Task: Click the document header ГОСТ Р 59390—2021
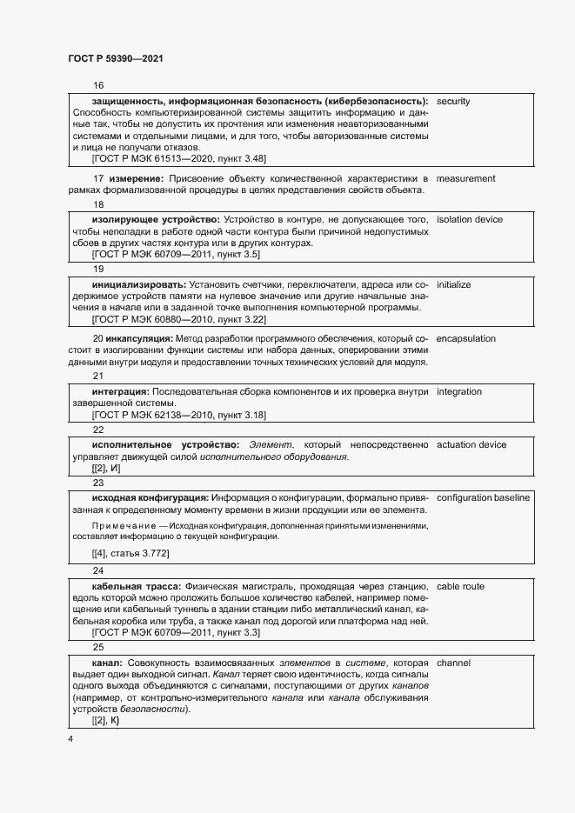tap(115, 58)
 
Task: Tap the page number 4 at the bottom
tap(70, 738)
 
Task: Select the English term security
tap(453, 102)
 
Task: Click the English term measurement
tap(465, 179)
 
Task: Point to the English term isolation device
tap(470, 220)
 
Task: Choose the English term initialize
tap(453, 284)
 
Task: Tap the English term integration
tap(458, 392)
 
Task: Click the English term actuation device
tap(471, 445)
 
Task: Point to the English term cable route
tap(460, 587)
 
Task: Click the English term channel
tap(453, 663)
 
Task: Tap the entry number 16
tap(97, 85)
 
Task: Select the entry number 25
tap(97, 647)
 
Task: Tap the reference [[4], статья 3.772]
tap(130, 554)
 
